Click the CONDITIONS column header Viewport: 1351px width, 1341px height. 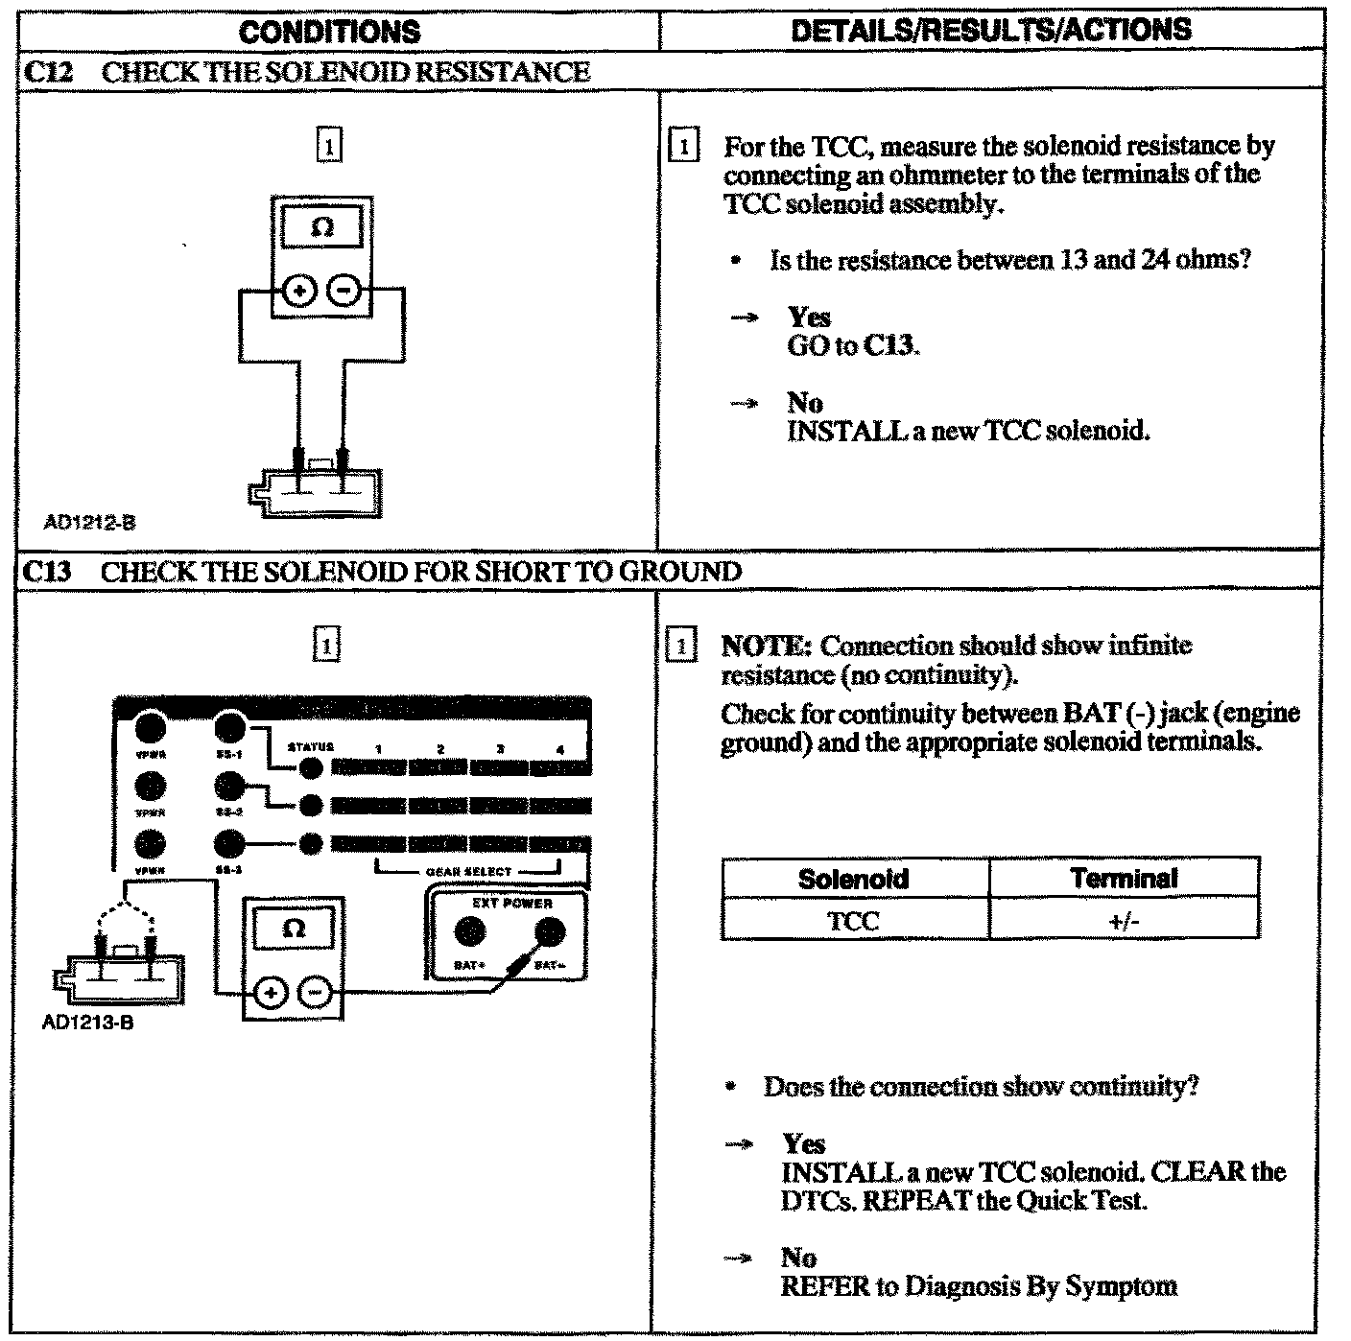pos(329,32)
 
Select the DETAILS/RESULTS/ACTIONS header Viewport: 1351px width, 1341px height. pos(990,30)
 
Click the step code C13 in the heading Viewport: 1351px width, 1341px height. pos(47,573)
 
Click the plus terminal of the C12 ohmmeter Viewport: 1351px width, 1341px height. pos(300,290)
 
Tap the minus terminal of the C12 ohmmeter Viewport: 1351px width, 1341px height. pos(344,290)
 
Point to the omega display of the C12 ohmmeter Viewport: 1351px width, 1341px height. pos(323,228)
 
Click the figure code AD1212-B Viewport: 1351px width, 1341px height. pos(89,523)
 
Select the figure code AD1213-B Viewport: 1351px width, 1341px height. pos(87,1023)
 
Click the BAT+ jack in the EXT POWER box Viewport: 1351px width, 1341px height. pos(469,931)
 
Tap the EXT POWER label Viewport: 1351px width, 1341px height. pos(511,903)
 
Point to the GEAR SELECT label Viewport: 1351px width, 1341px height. pos(468,872)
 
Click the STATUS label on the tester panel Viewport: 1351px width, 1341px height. pos(310,747)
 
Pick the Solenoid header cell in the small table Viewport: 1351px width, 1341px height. pos(853,879)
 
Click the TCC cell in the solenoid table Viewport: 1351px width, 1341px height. pos(853,921)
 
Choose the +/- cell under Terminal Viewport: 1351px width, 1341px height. pos(1123,921)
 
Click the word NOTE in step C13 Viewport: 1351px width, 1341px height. pos(767,646)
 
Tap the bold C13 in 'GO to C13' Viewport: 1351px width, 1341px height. pos(889,346)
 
